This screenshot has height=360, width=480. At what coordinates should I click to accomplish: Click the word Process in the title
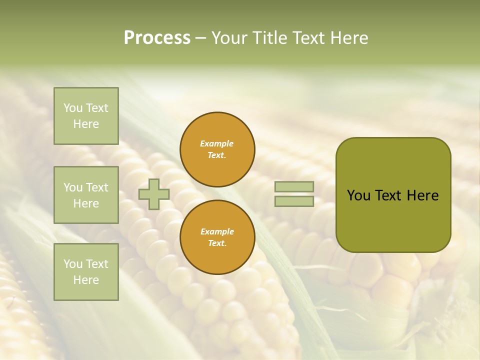157,38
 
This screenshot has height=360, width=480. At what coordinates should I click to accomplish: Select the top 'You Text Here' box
86,116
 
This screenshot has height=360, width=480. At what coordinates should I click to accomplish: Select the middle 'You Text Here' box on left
86,195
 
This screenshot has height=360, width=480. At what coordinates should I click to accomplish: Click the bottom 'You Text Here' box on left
86,272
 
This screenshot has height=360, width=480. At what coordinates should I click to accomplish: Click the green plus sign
154,194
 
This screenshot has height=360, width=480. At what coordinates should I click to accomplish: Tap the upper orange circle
217,149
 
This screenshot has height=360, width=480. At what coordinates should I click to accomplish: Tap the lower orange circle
217,237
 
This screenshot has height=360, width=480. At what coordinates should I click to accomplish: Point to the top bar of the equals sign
294,186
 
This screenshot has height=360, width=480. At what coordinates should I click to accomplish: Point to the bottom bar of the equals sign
294,201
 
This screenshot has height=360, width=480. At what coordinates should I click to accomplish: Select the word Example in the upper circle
217,143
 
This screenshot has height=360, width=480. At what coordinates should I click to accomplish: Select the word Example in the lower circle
217,231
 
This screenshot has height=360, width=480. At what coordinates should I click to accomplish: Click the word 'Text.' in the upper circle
217,155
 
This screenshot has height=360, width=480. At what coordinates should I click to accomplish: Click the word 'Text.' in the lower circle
217,243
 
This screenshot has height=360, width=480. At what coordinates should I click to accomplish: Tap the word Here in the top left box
86,124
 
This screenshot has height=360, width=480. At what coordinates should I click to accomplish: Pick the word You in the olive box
358,195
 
